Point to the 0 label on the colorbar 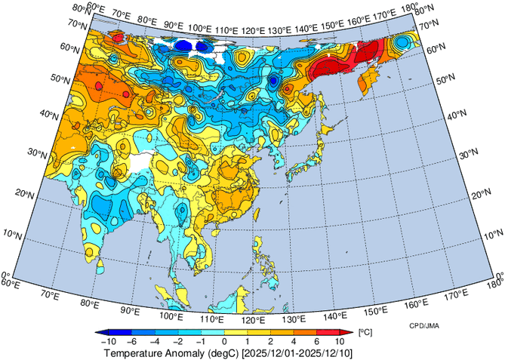[223, 342]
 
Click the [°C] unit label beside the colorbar [365, 333]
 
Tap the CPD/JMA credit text [425, 325]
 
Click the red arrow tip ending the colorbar [349, 333]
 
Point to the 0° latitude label [5, 276]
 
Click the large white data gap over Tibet [143, 160]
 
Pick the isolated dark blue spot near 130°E [274, 81]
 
